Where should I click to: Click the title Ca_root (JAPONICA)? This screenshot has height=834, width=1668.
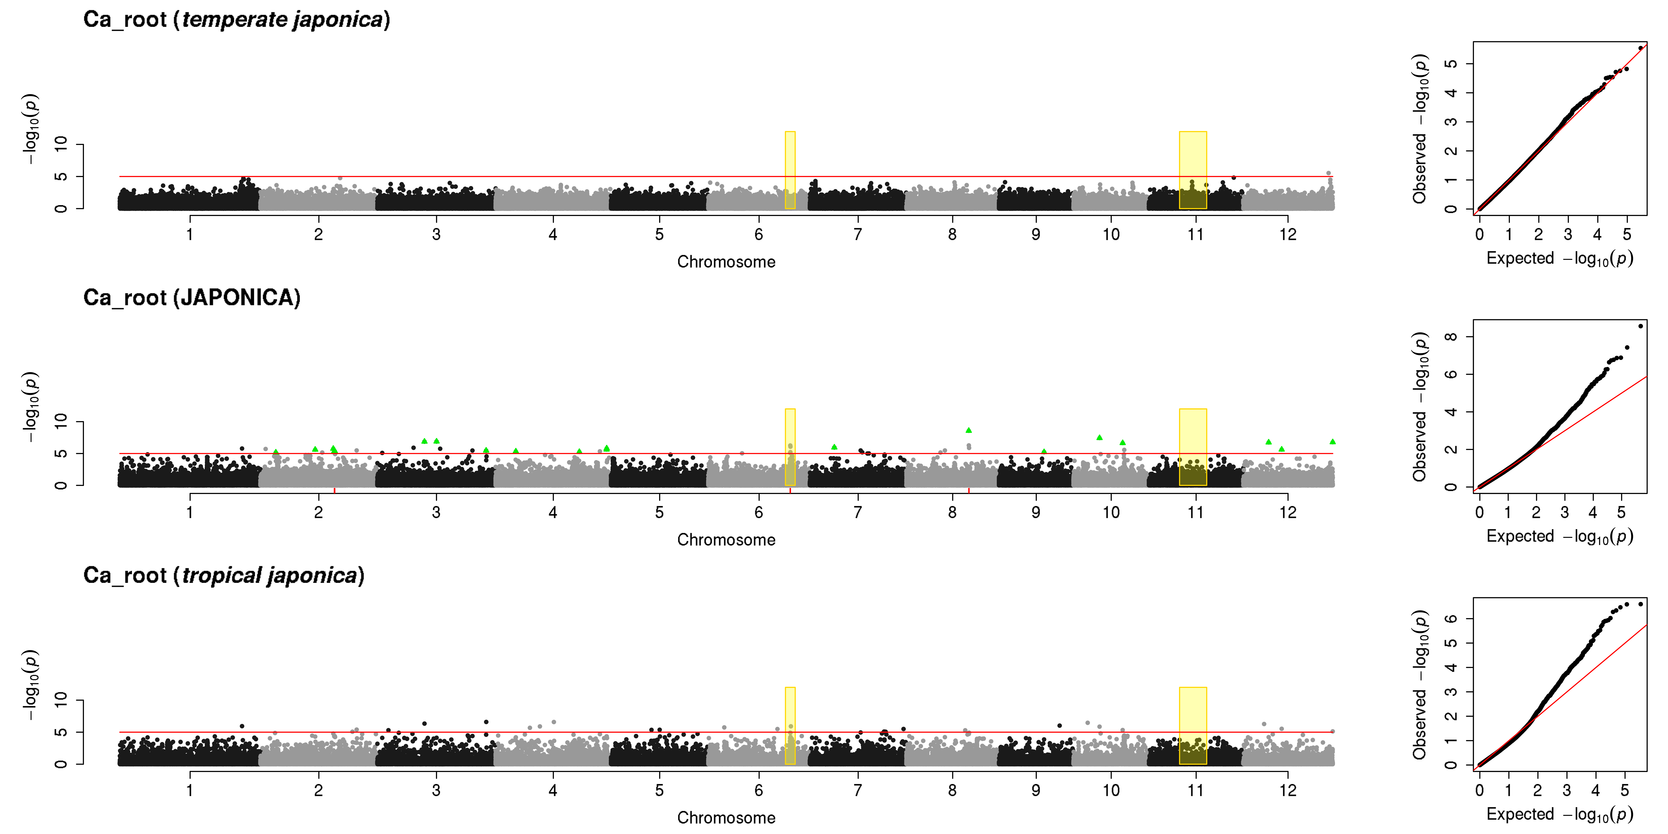point(192,298)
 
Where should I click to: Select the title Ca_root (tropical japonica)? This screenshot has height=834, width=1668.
point(224,576)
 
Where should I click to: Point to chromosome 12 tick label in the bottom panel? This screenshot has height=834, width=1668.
point(1288,790)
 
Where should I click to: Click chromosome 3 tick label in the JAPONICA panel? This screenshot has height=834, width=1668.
point(436,512)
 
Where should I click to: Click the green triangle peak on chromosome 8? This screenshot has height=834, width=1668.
point(969,430)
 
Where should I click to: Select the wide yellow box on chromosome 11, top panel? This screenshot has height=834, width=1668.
point(1193,170)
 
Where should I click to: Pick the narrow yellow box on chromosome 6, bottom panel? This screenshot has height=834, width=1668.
point(790,726)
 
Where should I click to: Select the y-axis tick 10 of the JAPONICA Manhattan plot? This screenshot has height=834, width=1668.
point(61,422)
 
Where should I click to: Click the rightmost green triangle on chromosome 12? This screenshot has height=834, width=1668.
point(1333,442)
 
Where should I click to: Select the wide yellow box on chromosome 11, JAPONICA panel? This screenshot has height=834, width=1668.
point(1193,447)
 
